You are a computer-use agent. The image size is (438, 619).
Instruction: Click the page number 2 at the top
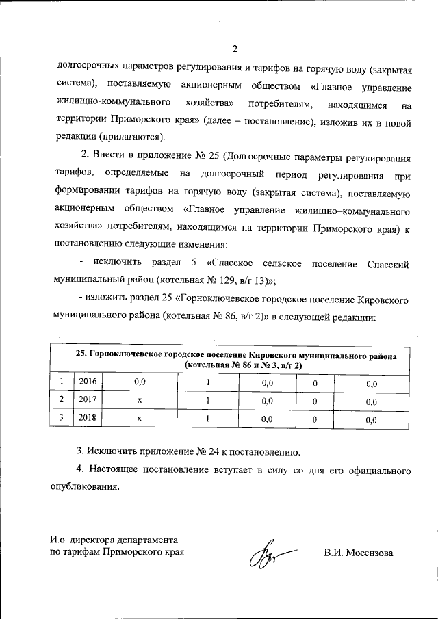pyautogui.click(x=234, y=49)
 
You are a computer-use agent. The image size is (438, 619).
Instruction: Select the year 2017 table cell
pyautogui.click(x=88, y=400)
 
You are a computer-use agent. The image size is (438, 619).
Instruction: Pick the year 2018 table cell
pyautogui.click(x=88, y=418)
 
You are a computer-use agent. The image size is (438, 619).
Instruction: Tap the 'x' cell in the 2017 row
pyautogui.click(x=139, y=400)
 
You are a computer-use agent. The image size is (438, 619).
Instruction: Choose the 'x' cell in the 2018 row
pyautogui.click(x=139, y=418)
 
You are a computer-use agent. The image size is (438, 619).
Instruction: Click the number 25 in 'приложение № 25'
pyautogui.click(x=212, y=159)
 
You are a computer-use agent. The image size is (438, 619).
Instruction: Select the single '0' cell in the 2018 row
pyautogui.click(x=315, y=418)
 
